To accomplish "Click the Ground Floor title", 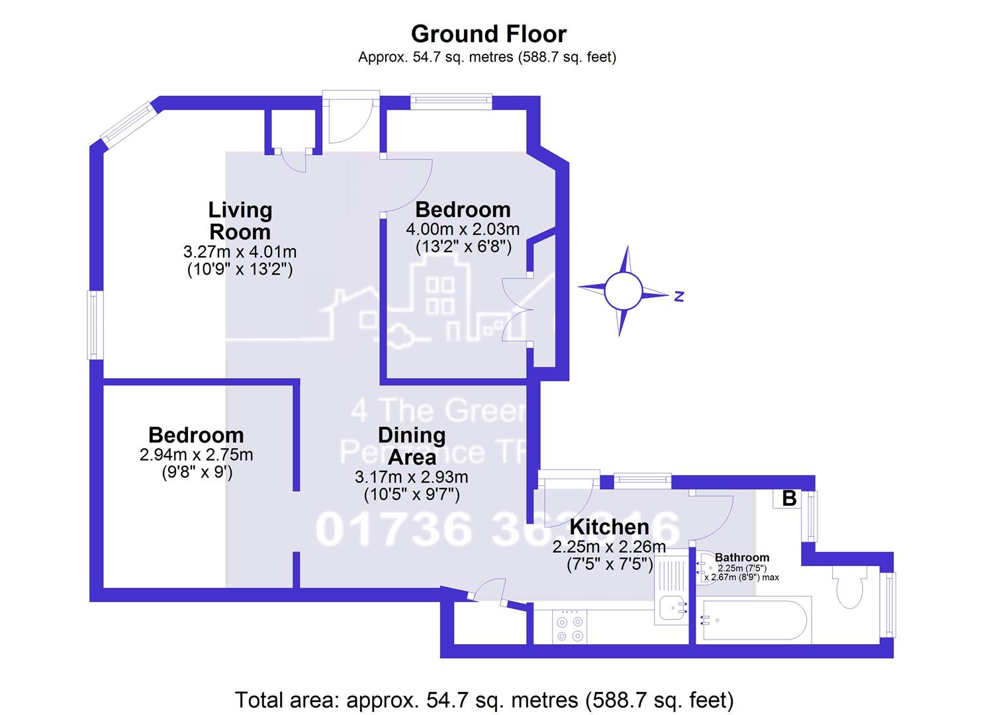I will (x=489, y=34).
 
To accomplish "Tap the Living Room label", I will (x=240, y=220).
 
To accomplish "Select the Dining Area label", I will (x=411, y=446).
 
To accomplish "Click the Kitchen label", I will (x=609, y=527).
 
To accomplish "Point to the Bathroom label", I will (x=741, y=557).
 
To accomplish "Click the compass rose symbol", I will (x=623, y=291).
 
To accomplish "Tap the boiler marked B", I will (x=788, y=498).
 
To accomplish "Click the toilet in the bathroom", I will (x=850, y=588).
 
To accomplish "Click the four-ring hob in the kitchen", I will (x=569, y=628).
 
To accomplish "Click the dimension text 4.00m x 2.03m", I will (x=462, y=230).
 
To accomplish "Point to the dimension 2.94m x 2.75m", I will (x=196, y=455).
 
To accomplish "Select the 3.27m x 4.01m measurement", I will (x=240, y=252).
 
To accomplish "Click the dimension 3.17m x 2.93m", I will (x=411, y=477).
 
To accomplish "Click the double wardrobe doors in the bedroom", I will (x=516, y=309).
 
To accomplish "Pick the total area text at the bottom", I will (x=485, y=699).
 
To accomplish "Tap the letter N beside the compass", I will (x=679, y=297).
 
